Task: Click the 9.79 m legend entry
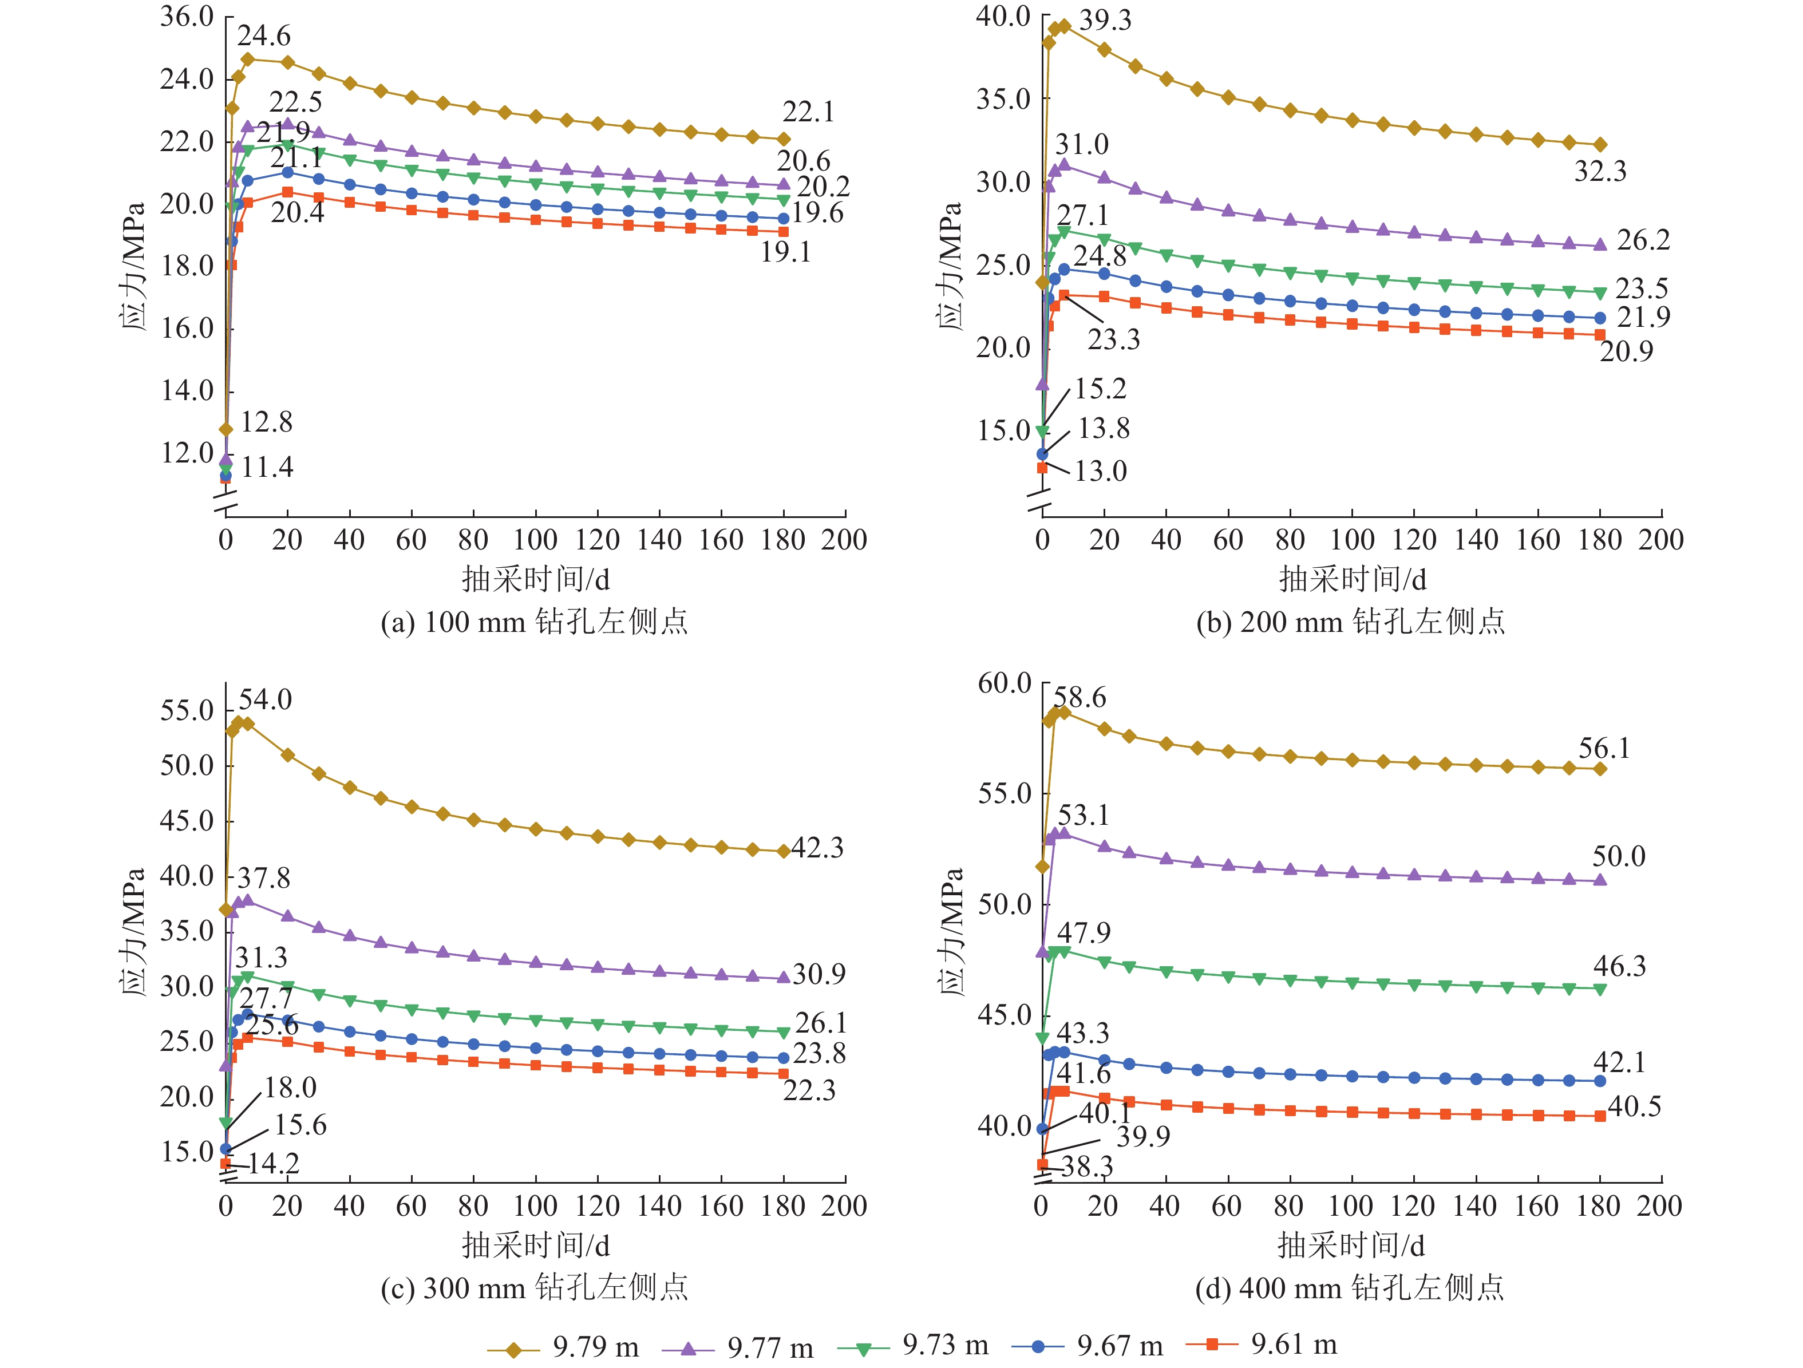pos(564,1346)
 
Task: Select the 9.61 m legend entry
pos(1262,1345)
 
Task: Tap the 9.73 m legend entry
pos(913,1345)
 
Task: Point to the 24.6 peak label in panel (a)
pos(263,36)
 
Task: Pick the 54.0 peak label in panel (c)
pos(265,699)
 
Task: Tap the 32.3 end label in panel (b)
pos(1599,171)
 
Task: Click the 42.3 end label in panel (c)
pos(817,848)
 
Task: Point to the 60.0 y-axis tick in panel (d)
pos(1004,683)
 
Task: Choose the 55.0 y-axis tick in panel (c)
pos(187,710)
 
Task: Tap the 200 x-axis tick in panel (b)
pos(1660,540)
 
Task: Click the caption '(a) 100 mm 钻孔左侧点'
pos(535,622)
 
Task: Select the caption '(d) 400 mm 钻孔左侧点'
pos(1350,1288)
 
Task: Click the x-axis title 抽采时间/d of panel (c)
pos(536,1246)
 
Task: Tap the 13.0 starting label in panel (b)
pos(1100,471)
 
